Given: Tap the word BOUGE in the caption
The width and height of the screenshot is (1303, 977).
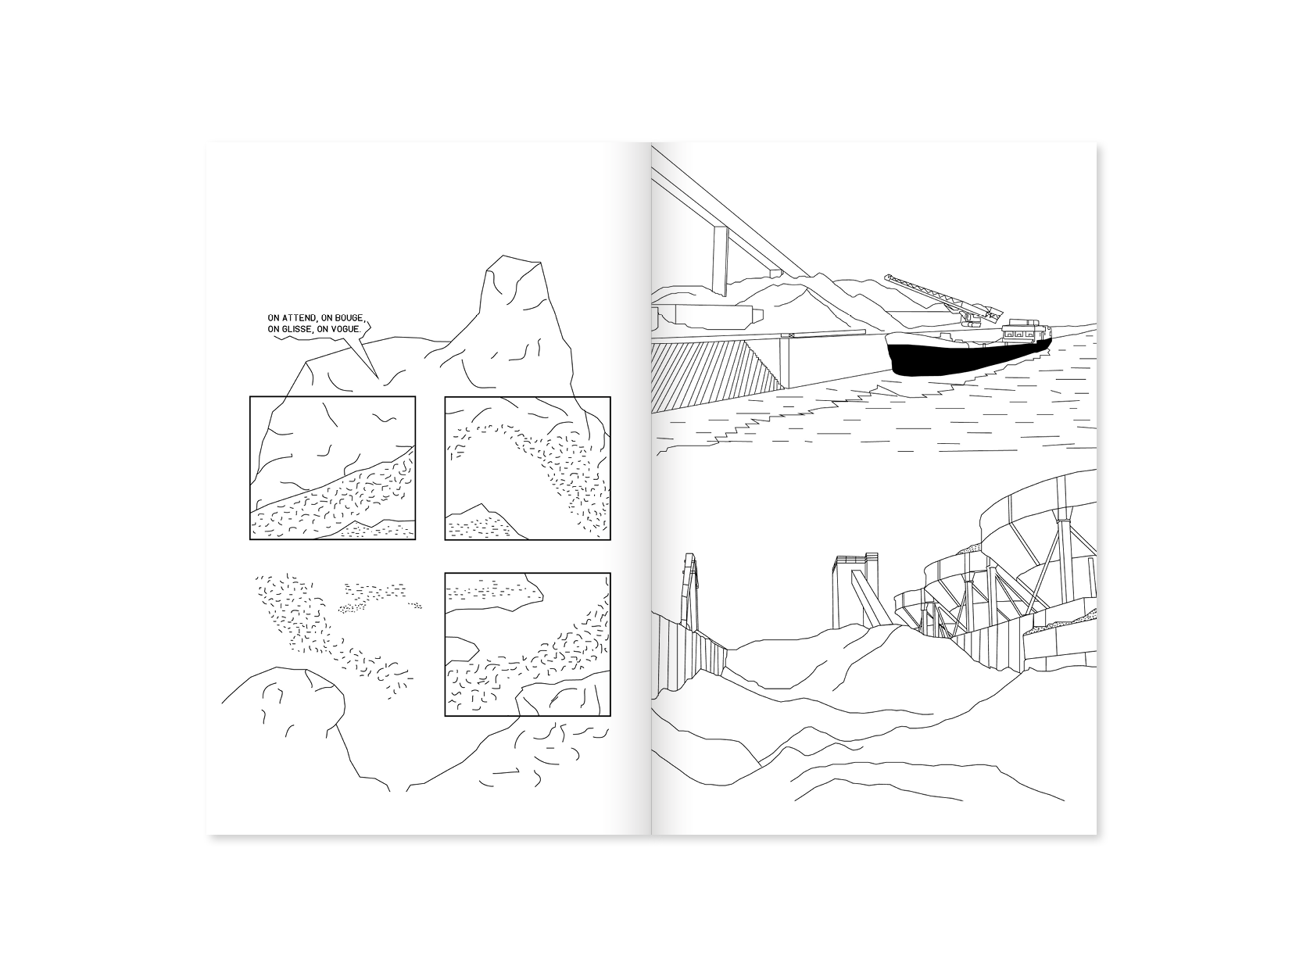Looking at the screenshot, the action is click(349, 319).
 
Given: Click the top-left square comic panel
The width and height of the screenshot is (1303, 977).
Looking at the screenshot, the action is click(332, 467).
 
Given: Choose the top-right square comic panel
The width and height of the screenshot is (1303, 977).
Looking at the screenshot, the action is click(528, 467).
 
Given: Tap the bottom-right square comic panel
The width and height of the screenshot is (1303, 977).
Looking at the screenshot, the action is click(528, 644).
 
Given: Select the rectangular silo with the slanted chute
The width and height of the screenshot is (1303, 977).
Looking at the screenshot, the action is click(855, 591).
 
